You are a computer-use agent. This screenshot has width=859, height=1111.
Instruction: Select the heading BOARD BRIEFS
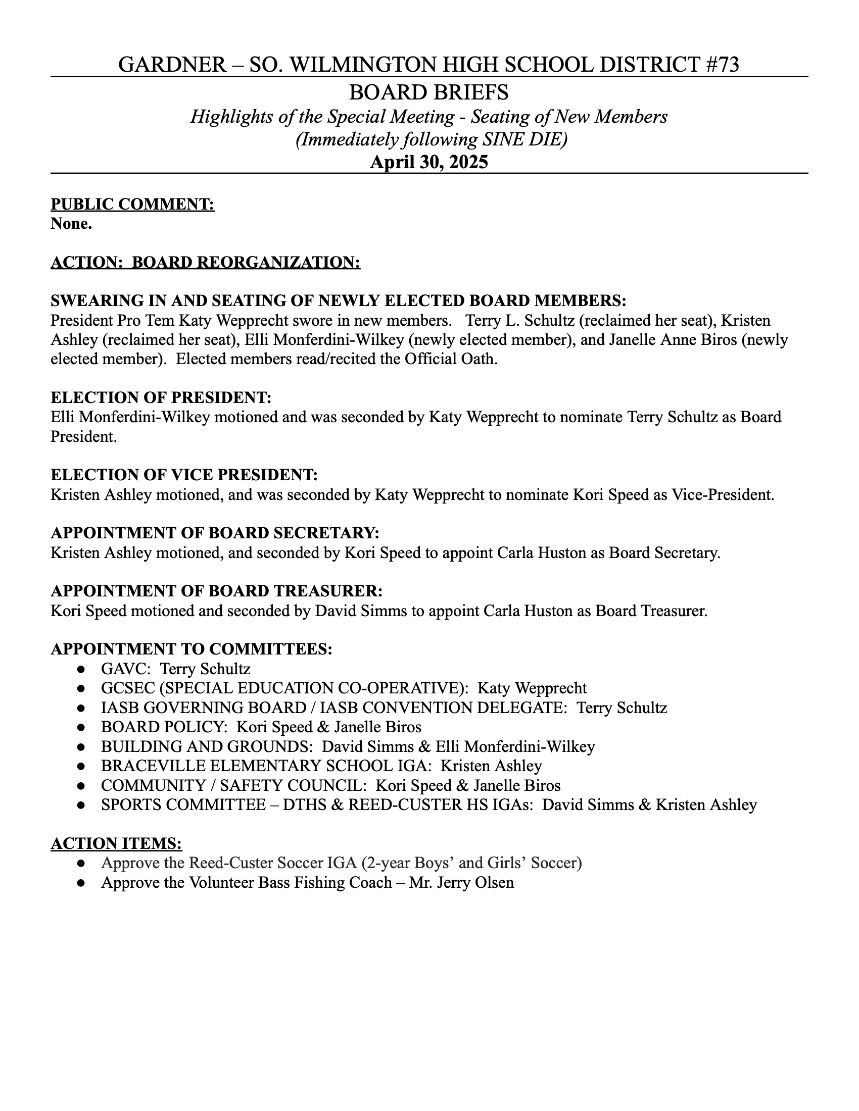tap(429, 92)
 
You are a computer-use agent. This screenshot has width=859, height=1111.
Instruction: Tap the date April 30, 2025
tap(429, 162)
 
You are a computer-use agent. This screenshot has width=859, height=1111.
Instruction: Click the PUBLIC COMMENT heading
tap(132, 205)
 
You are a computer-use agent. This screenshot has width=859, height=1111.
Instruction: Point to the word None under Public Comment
tap(71, 224)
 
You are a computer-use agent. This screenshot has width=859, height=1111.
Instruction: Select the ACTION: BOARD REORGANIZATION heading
tap(205, 263)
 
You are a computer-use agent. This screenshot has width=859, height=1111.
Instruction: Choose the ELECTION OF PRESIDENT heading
tap(161, 398)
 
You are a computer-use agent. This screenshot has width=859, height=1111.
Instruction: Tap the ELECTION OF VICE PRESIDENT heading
tap(184, 475)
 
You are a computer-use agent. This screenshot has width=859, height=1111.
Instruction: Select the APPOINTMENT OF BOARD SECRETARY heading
tap(215, 533)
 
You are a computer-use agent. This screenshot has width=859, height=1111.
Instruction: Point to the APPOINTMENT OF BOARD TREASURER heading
tap(216, 591)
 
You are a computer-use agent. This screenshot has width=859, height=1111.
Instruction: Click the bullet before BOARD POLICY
tap(80, 727)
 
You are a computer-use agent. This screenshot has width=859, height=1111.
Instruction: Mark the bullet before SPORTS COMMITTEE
tap(80, 806)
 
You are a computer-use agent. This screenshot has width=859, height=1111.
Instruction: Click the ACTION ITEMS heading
tap(116, 844)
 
